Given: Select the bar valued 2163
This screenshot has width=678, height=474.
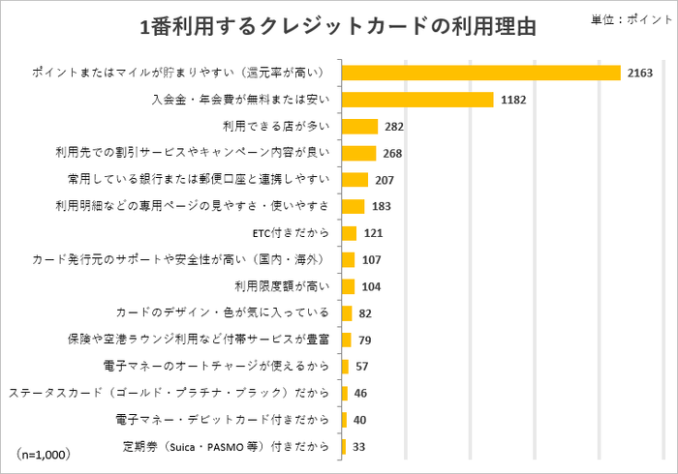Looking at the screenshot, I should click(x=481, y=73).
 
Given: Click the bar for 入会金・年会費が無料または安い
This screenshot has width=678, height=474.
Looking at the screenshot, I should click(x=418, y=100).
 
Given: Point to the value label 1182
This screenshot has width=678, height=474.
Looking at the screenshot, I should click(x=513, y=100).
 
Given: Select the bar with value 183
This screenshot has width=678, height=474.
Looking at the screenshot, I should click(x=354, y=206).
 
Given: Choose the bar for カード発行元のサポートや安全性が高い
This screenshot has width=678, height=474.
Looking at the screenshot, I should click(x=349, y=259).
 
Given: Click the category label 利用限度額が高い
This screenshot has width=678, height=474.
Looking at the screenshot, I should click(x=285, y=286).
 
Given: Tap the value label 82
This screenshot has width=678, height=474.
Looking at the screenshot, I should click(x=366, y=313).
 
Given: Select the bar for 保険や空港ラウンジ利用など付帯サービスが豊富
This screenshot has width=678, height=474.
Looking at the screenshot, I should click(x=347, y=340).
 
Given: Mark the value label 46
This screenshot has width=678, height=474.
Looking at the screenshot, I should click(x=360, y=394).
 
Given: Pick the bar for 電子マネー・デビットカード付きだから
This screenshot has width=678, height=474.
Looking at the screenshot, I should click(x=345, y=420).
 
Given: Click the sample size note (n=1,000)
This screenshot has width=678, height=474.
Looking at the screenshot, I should click(x=44, y=452).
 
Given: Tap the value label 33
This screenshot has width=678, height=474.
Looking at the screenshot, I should click(x=358, y=447).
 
